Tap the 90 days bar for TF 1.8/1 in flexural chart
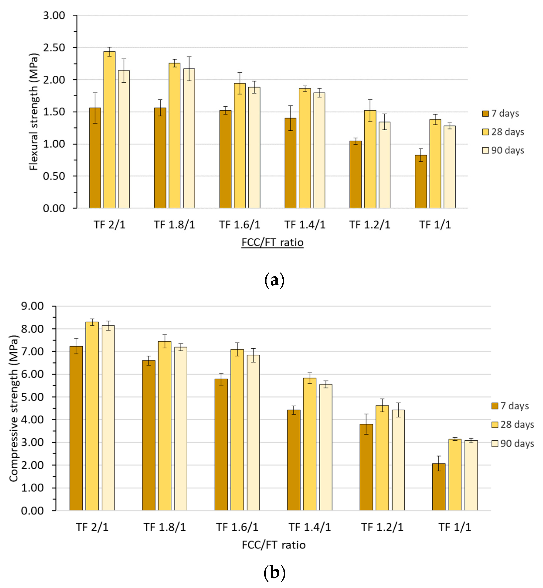coord(189,138)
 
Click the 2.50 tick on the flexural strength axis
coord(54,48)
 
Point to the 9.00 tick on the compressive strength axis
coord(32,306)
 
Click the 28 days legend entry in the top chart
coord(503,132)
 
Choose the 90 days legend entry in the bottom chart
coord(513,443)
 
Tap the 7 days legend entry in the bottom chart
coord(510,406)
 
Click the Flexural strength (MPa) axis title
coord(34,112)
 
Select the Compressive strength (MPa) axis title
coord(14,408)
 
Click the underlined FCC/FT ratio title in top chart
coord(272,243)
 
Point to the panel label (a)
coord(274,280)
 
